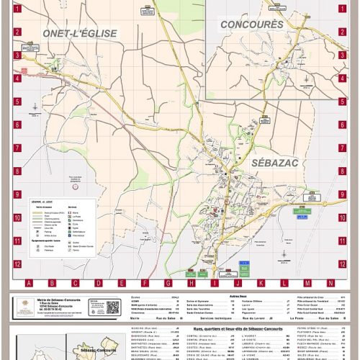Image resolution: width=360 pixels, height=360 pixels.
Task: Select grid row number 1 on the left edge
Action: pyautogui.click(x=17, y=9)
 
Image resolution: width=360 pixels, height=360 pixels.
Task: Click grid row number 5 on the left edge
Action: pyautogui.click(x=17, y=102)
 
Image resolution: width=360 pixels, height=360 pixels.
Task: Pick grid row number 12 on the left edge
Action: pyautogui.click(x=17, y=264)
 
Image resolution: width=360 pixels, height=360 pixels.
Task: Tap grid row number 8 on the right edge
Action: pyautogui.click(x=343, y=171)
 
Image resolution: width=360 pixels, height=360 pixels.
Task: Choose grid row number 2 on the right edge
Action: pyautogui.click(x=343, y=32)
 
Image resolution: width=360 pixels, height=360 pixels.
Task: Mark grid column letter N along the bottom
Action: pyautogui.click(x=330, y=283)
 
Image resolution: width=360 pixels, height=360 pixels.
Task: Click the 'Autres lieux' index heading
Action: pyautogui.click(x=238, y=295)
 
